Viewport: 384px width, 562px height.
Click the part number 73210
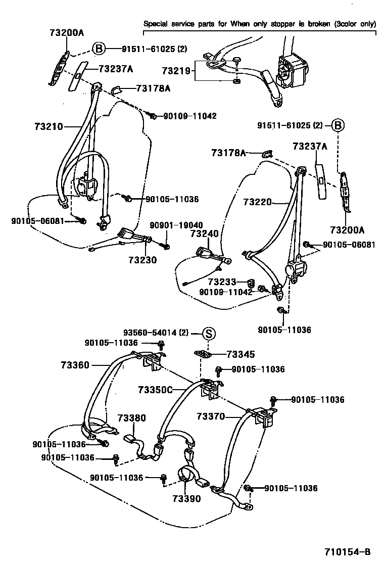(x=49, y=126)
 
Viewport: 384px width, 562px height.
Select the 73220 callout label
(x=258, y=202)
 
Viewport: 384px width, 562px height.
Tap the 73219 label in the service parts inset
(x=176, y=71)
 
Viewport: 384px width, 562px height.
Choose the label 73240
(x=205, y=234)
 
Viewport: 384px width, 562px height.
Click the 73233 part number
(x=223, y=282)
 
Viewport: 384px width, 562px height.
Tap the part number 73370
(x=211, y=416)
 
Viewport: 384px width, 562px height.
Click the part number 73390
(x=186, y=498)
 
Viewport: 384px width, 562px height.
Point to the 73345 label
(x=241, y=355)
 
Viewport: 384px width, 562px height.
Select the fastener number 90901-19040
(x=176, y=225)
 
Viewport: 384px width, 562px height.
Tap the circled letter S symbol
(x=209, y=333)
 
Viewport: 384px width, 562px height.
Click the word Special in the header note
(x=157, y=24)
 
